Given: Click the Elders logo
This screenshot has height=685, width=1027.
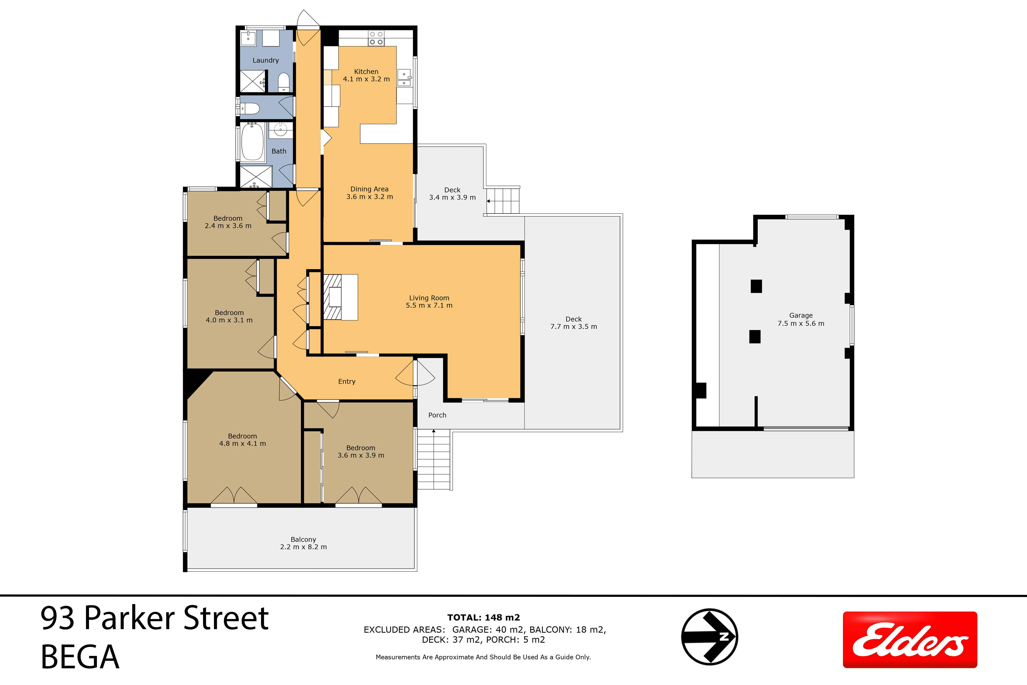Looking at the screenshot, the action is (x=910, y=640).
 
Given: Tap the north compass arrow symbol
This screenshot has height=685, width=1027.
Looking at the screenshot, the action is (x=709, y=636).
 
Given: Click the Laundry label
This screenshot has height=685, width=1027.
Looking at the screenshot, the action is (x=266, y=60).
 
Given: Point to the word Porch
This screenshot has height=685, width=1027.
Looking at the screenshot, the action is (x=437, y=415).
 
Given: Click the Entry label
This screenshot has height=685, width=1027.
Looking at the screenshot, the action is (x=347, y=381).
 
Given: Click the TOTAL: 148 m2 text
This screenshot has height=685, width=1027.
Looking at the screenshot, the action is (x=483, y=617).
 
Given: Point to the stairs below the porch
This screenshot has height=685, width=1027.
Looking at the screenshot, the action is (x=434, y=460).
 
